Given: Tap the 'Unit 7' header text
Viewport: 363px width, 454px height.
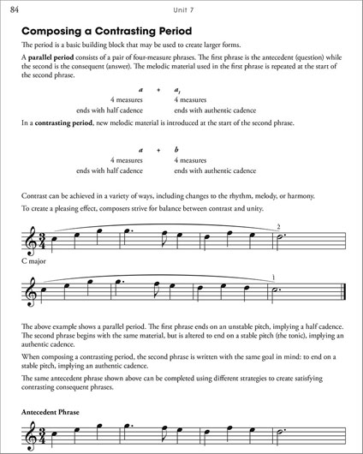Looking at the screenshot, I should tap(181, 9).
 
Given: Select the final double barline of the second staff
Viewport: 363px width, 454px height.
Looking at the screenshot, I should tap(342, 291).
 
